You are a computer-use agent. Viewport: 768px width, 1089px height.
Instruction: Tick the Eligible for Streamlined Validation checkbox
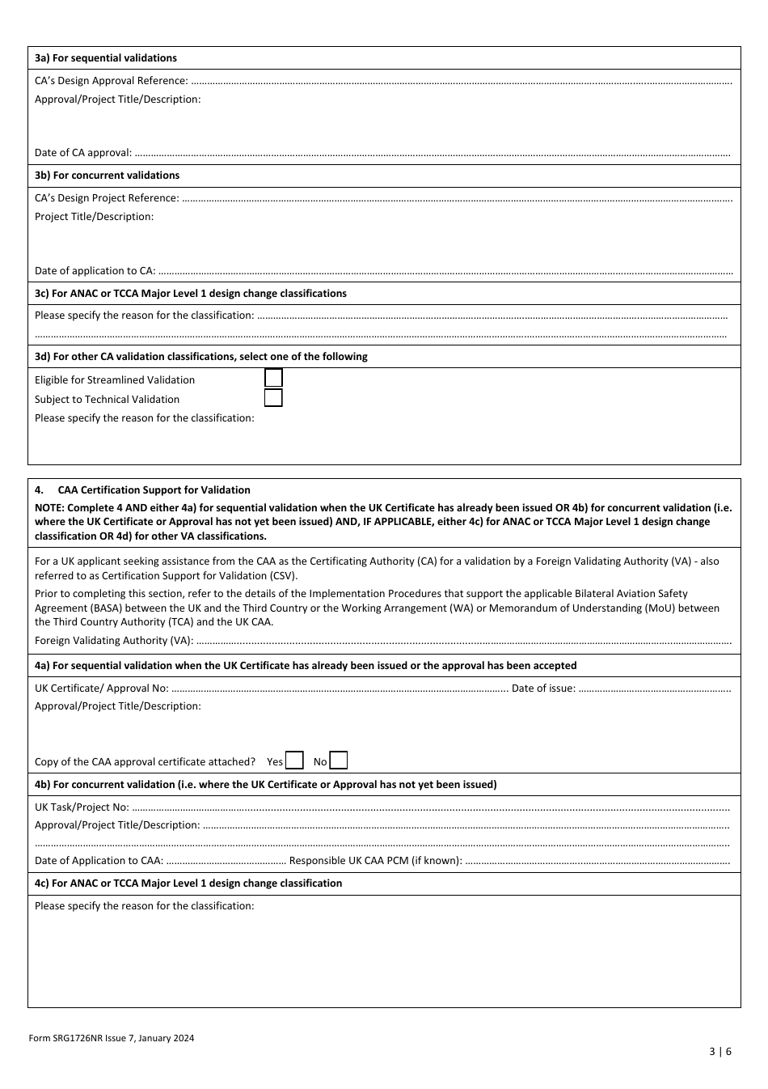(x=273, y=378)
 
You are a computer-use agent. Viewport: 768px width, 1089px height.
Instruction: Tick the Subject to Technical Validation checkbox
(x=273, y=398)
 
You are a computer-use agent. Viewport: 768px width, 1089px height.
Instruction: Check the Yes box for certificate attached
(x=295, y=761)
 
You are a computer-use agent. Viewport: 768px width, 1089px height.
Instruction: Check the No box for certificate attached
(x=339, y=761)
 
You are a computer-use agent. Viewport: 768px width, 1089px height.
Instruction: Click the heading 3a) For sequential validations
(x=105, y=58)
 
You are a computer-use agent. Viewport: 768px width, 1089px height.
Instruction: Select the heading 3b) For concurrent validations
(x=107, y=176)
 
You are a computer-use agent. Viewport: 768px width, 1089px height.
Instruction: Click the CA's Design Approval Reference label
(x=111, y=81)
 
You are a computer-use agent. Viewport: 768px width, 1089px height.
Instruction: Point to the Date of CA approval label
(x=82, y=153)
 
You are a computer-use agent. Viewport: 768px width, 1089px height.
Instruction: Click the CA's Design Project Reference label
(x=107, y=198)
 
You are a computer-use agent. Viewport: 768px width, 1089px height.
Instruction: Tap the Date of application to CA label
(x=95, y=271)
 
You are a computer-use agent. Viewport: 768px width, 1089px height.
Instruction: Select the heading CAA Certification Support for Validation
(x=154, y=490)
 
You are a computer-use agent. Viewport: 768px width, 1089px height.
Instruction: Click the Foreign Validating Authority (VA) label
(x=113, y=641)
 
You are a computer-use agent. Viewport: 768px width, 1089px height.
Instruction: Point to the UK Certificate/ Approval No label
(x=101, y=689)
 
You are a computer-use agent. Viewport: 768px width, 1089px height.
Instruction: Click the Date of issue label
(x=543, y=689)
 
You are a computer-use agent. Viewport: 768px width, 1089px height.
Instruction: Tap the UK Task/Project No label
(x=82, y=807)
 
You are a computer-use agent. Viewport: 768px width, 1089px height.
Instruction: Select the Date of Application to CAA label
(x=99, y=861)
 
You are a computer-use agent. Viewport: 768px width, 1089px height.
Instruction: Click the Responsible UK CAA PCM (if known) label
(x=375, y=861)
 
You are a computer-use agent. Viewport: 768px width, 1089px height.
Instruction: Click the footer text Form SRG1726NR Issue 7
(x=111, y=1038)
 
